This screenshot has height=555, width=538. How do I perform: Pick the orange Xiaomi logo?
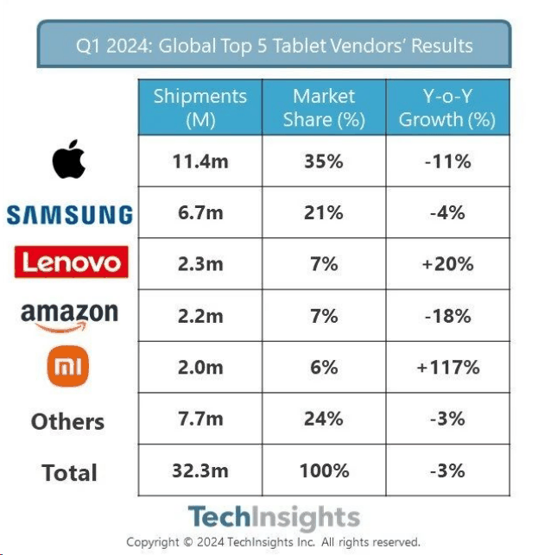(68, 368)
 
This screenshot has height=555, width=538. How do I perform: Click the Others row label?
(67, 421)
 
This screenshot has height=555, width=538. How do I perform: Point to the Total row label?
(69, 472)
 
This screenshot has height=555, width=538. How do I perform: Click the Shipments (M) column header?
(199, 108)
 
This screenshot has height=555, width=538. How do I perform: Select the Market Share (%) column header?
(324, 108)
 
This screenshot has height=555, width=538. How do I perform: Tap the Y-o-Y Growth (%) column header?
(446, 108)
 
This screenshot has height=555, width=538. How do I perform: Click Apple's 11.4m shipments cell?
(199, 161)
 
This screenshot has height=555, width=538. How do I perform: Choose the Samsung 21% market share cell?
(324, 212)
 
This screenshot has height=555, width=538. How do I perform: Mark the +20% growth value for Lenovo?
(446, 264)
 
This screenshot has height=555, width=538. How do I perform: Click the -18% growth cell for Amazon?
(446, 316)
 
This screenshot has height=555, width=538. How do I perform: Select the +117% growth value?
(446, 368)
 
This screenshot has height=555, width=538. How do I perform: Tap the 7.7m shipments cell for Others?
(199, 419)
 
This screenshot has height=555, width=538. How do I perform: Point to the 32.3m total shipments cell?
(199, 470)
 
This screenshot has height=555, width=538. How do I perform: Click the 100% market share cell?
(324, 470)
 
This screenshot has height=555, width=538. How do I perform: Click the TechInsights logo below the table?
(273, 517)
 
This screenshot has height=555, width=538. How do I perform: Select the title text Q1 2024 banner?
(274, 45)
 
